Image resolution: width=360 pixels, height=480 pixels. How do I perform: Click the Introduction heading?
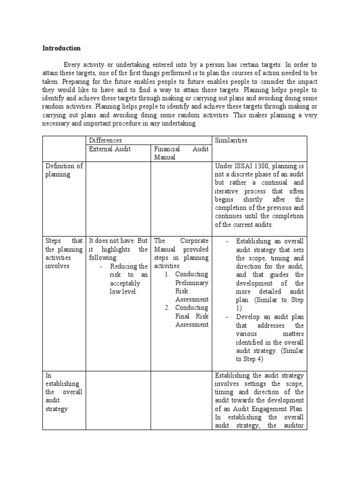coord(61,48)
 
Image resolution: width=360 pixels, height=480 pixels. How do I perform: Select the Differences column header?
coord(105,140)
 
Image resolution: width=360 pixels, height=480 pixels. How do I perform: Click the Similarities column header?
coord(231,140)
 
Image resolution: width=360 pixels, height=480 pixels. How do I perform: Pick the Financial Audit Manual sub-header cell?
coord(181,153)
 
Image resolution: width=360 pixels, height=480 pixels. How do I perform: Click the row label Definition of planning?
coord(63,170)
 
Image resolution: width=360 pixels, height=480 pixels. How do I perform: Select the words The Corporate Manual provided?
coord(181,245)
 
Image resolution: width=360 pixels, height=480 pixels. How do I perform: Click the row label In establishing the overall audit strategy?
coord(63,392)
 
